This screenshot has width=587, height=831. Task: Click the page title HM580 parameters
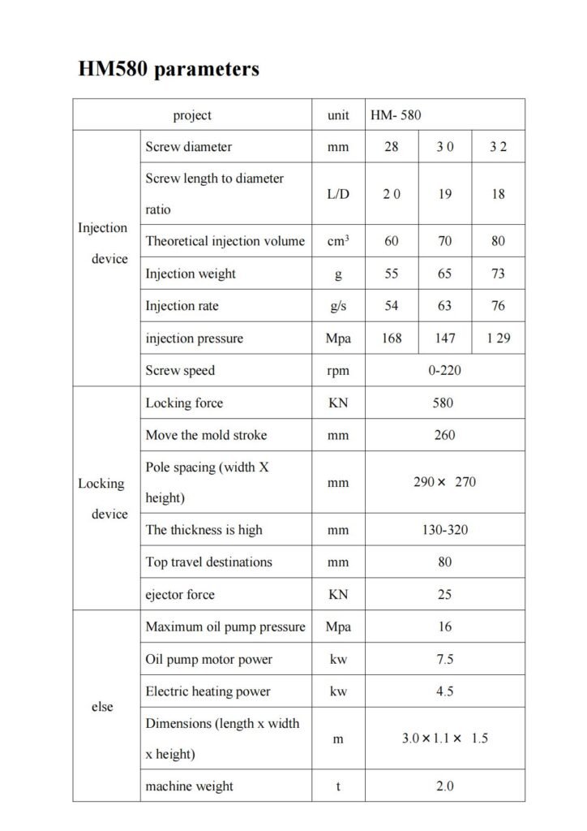pyautogui.click(x=169, y=70)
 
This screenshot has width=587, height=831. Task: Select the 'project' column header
pyautogui.click(x=192, y=115)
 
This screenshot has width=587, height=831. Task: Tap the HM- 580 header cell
pyautogui.click(x=396, y=115)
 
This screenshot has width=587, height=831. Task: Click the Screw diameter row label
pyautogui.click(x=189, y=147)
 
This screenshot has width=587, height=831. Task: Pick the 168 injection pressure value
pyautogui.click(x=392, y=338)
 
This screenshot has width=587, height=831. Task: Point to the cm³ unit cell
pyautogui.click(x=338, y=242)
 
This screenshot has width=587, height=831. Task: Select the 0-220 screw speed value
pyautogui.click(x=444, y=370)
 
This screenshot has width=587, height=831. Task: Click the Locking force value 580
pyautogui.click(x=444, y=403)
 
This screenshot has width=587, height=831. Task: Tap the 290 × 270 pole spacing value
pyautogui.click(x=444, y=482)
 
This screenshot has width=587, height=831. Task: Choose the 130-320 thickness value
pyautogui.click(x=444, y=530)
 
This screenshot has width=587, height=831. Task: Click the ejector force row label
pyautogui.click(x=180, y=594)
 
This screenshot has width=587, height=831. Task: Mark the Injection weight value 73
pyautogui.click(x=498, y=273)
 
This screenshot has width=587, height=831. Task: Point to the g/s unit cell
pyautogui.click(x=338, y=306)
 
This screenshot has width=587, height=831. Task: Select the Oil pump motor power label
pyautogui.click(x=209, y=659)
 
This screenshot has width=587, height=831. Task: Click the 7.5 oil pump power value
pyautogui.click(x=444, y=659)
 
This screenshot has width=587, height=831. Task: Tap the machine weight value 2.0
pyautogui.click(x=444, y=786)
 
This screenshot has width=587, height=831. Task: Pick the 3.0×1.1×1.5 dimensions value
pyautogui.click(x=444, y=738)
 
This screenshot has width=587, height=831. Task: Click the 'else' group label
pyautogui.click(x=103, y=706)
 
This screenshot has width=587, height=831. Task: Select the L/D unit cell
pyautogui.click(x=338, y=194)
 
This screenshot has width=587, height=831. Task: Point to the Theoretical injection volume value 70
pyautogui.click(x=444, y=242)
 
